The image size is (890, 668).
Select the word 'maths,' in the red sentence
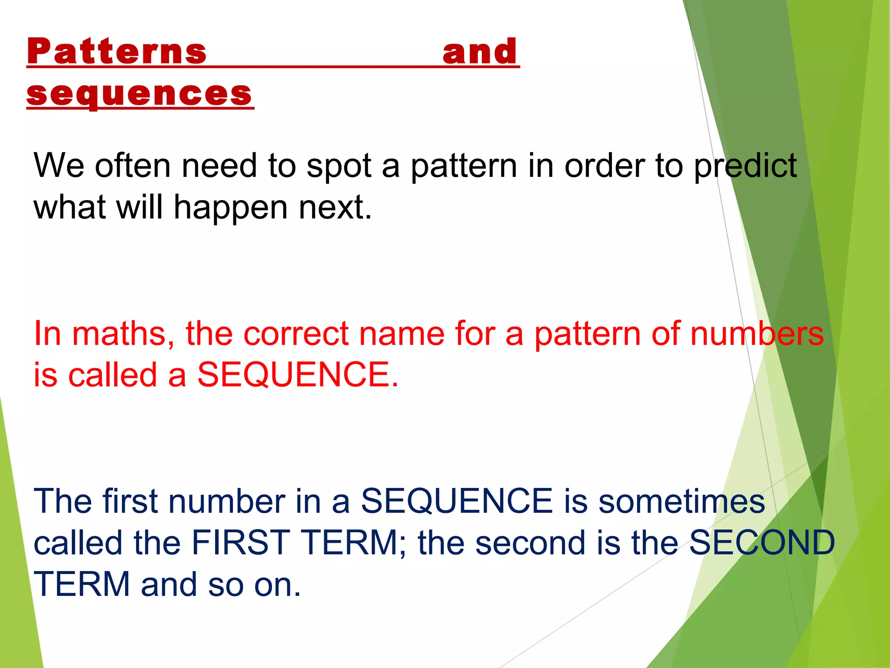(123, 334)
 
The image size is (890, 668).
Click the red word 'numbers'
(757, 334)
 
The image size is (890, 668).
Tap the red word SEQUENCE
(298, 375)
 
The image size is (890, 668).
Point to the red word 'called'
(112, 375)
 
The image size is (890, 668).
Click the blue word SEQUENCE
(456, 501)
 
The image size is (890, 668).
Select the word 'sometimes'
(681, 501)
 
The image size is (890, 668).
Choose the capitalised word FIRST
(240, 543)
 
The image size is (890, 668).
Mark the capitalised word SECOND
(762, 543)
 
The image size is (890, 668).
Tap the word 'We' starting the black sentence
(59, 166)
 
